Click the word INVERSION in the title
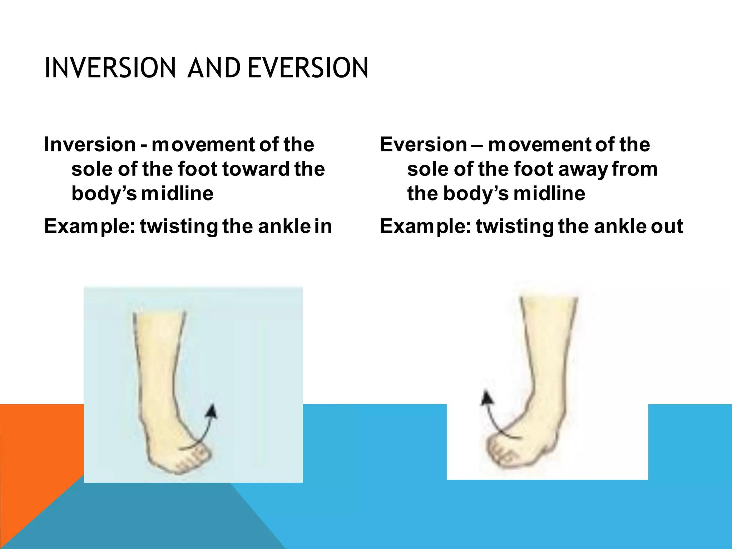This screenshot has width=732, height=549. coord(110,68)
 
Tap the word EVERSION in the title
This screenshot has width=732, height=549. coord(307,68)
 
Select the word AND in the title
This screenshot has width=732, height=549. coord(213,68)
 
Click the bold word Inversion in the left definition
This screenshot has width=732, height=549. coord(90,145)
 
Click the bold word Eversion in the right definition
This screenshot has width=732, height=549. coord(423,145)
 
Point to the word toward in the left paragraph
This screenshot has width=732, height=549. coord(256,169)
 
